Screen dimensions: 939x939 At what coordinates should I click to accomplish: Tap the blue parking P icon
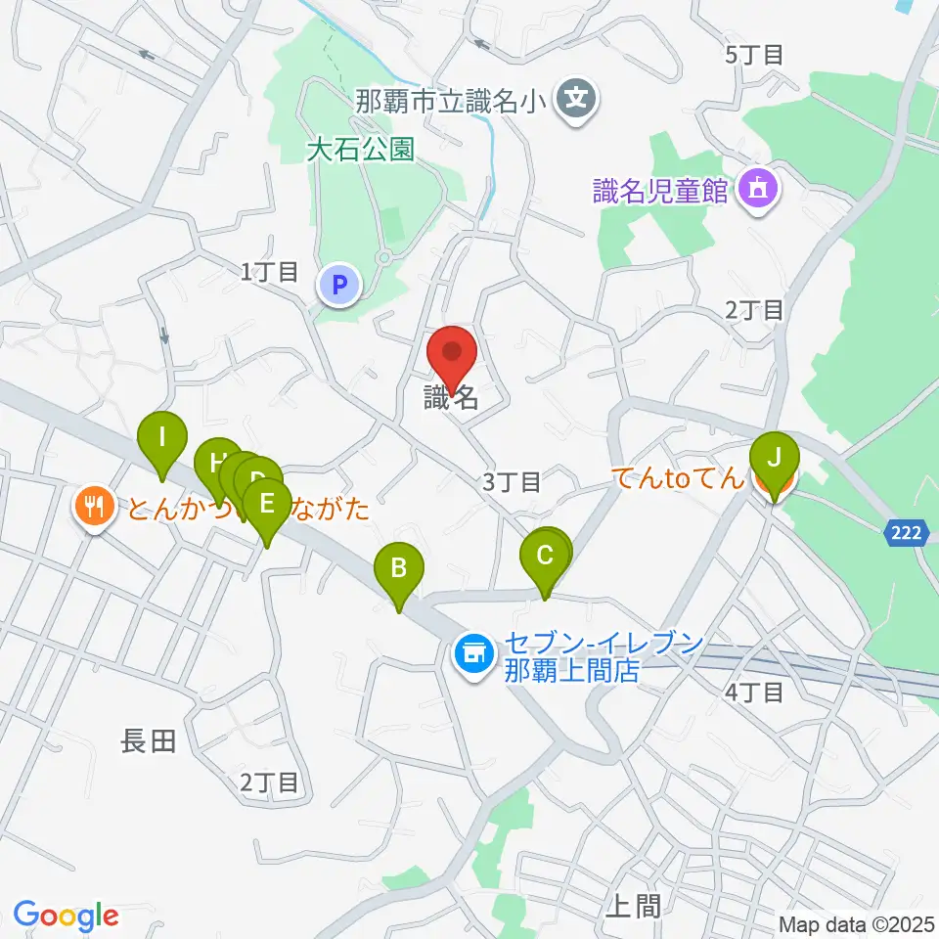point(339,287)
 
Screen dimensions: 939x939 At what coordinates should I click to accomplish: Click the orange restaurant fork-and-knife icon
point(93,506)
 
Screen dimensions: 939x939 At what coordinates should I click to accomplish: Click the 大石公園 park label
point(359,150)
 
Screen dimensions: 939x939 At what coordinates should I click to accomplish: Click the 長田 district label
point(149,742)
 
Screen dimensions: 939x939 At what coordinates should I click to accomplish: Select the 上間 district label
point(633,906)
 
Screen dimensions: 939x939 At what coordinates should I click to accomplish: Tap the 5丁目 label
point(754,55)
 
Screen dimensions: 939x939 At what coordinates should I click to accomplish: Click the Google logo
point(67,916)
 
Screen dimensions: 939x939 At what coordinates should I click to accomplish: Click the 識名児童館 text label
point(661,190)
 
